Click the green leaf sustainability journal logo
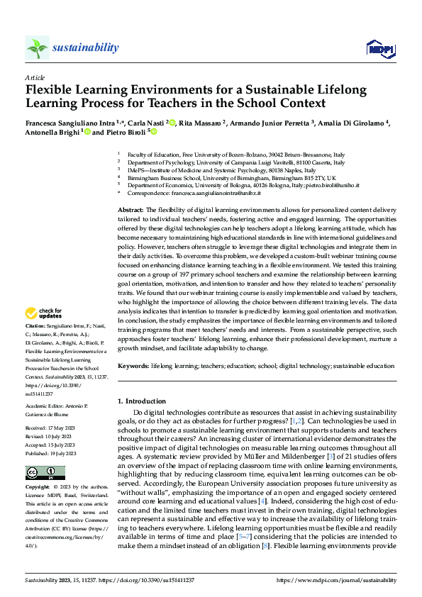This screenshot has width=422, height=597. (37, 48)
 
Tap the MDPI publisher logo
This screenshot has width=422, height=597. (379, 48)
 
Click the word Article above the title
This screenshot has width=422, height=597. (34, 77)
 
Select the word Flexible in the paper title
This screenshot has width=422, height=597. (50, 90)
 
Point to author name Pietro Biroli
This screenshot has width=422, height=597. (128, 132)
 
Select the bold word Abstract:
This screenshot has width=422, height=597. (131, 211)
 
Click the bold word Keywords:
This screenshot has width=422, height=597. (133, 366)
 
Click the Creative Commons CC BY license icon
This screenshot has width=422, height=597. (40, 473)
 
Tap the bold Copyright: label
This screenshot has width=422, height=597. (38, 488)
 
